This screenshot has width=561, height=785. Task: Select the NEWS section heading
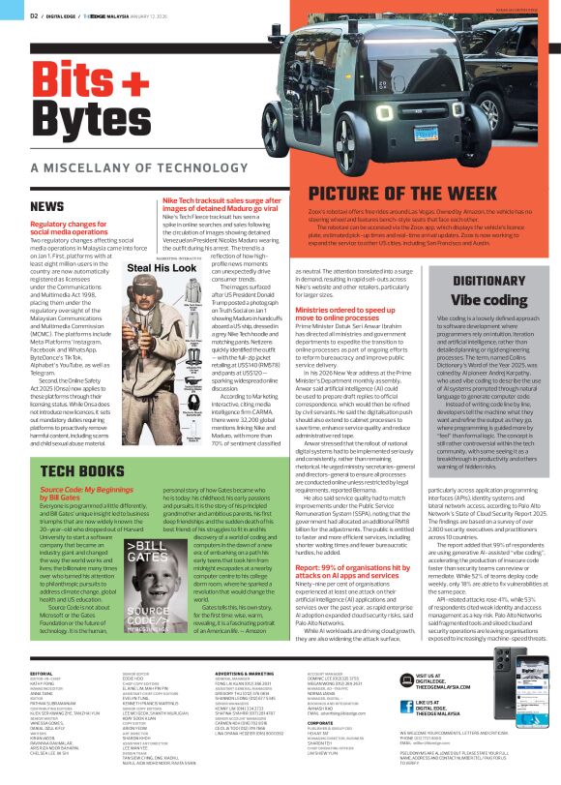click(x=46, y=206)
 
